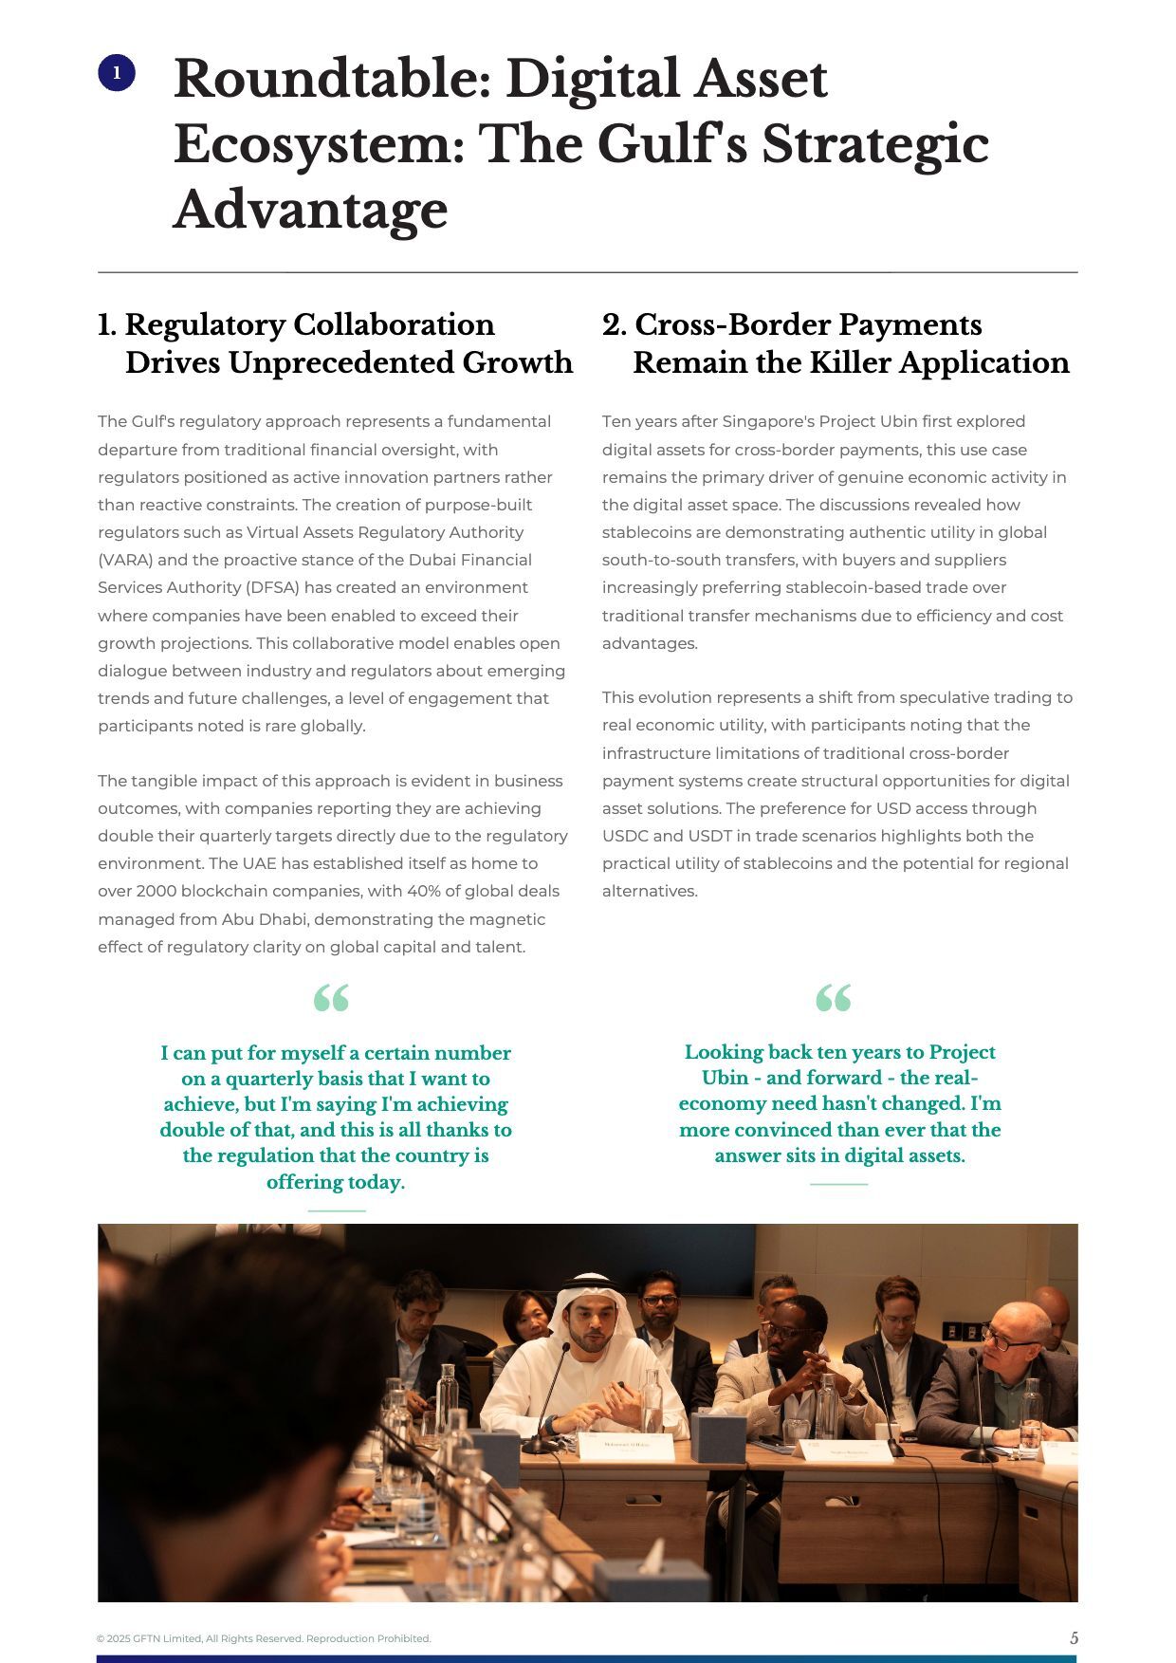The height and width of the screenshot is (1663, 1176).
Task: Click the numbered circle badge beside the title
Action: point(117,73)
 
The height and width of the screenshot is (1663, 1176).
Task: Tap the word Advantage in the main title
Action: point(310,210)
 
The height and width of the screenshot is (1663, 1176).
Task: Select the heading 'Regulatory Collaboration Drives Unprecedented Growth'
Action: point(336,343)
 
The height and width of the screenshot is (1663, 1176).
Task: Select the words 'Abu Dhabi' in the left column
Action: point(258,918)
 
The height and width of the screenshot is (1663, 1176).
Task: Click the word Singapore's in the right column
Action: point(766,421)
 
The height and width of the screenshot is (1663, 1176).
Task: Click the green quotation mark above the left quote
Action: point(331,998)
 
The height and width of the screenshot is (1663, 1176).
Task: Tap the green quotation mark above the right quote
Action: point(834,998)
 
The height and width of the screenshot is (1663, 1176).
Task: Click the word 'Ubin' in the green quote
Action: point(726,1078)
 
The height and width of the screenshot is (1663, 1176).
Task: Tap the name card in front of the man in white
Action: point(626,1447)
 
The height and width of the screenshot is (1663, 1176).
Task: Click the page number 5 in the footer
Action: point(1074,1637)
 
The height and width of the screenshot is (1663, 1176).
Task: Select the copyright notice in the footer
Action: point(264,1638)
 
